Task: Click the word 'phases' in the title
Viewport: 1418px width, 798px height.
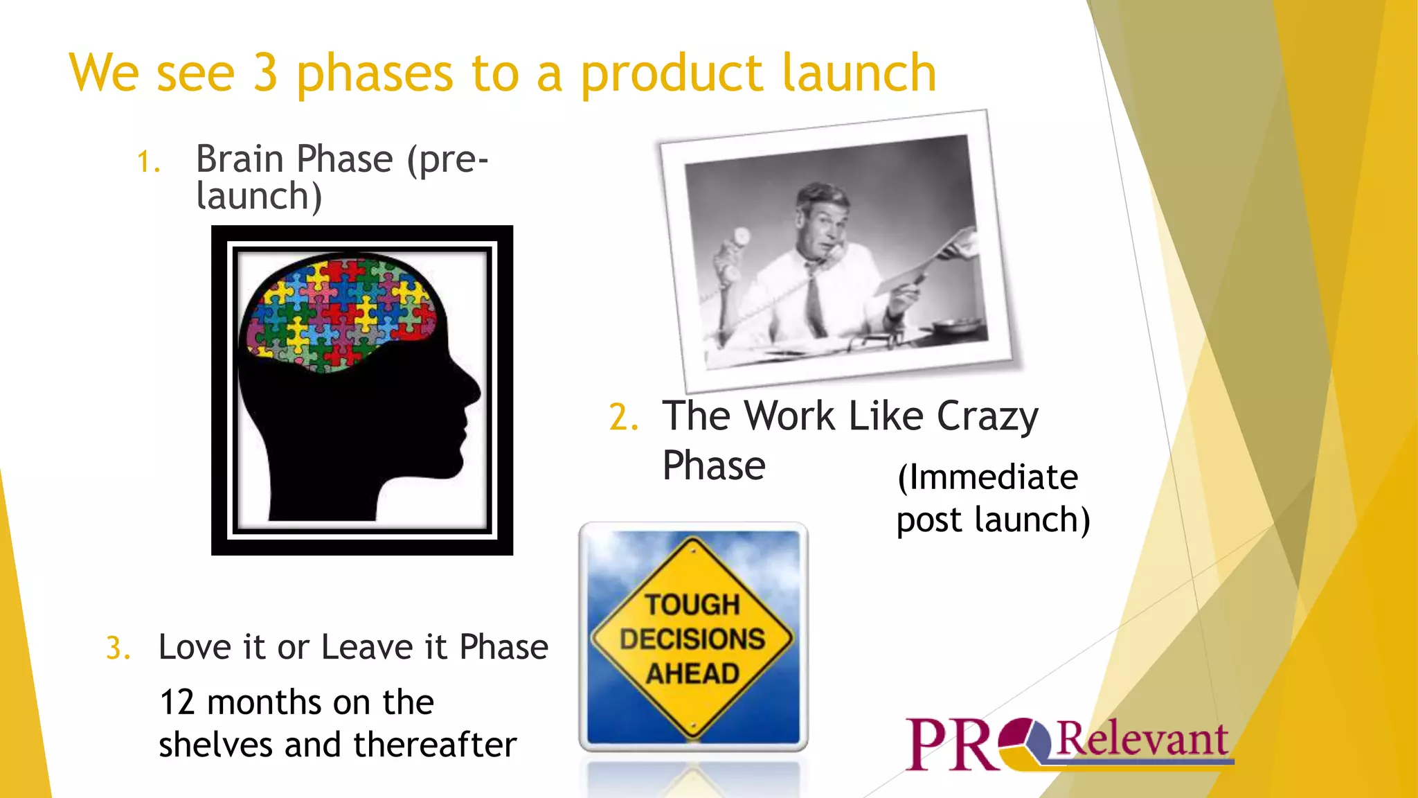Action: click(375, 73)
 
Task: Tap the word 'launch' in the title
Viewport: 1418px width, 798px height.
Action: click(859, 73)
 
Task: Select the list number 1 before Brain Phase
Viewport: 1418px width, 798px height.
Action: click(147, 162)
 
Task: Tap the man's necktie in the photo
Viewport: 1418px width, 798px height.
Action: click(813, 298)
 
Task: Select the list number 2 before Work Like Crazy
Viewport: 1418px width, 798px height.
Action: click(622, 418)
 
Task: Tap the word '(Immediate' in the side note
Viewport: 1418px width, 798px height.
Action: click(987, 478)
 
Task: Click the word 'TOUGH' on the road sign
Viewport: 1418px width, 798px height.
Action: click(692, 605)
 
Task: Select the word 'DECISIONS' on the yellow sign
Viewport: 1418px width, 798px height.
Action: click(692, 639)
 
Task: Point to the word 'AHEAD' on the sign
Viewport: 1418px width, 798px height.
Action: click(692, 673)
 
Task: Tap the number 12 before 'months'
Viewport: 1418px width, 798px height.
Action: click(177, 702)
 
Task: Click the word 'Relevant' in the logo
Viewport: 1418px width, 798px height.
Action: click(1142, 740)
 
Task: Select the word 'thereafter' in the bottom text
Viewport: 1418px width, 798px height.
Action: click(435, 745)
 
